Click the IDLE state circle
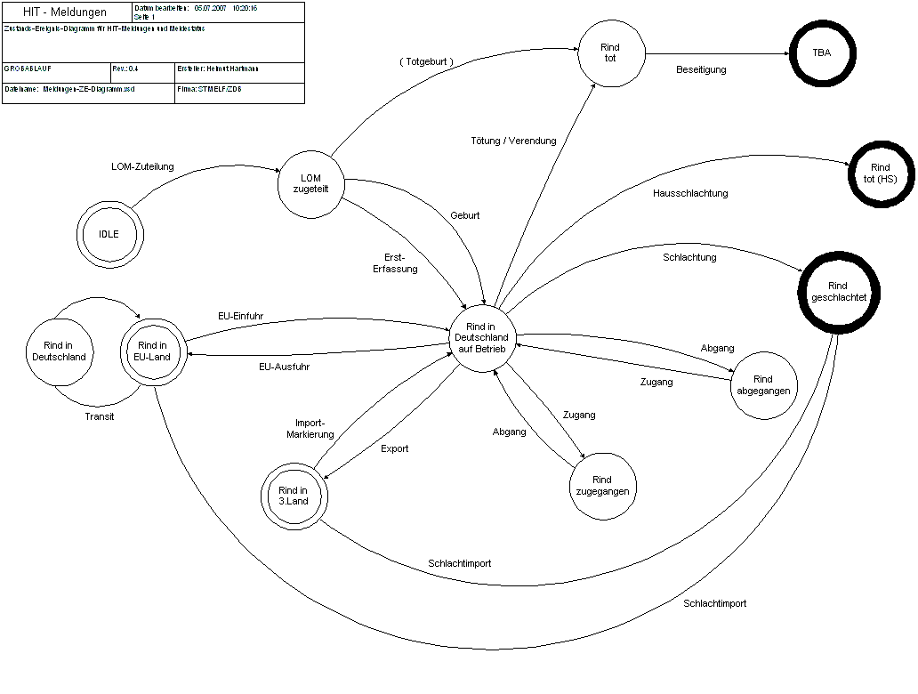(x=109, y=235)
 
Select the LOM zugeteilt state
(x=311, y=183)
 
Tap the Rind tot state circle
(x=610, y=52)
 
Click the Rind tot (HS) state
(x=880, y=173)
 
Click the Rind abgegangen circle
(x=762, y=384)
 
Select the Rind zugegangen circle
(x=601, y=486)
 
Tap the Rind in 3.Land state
(x=294, y=496)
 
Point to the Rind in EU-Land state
(x=153, y=351)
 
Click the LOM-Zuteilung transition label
(x=142, y=166)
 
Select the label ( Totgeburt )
(x=426, y=62)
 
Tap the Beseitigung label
(x=701, y=69)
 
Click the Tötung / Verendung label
(x=513, y=141)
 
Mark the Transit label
(x=100, y=416)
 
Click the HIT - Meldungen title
(x=65, y=12)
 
